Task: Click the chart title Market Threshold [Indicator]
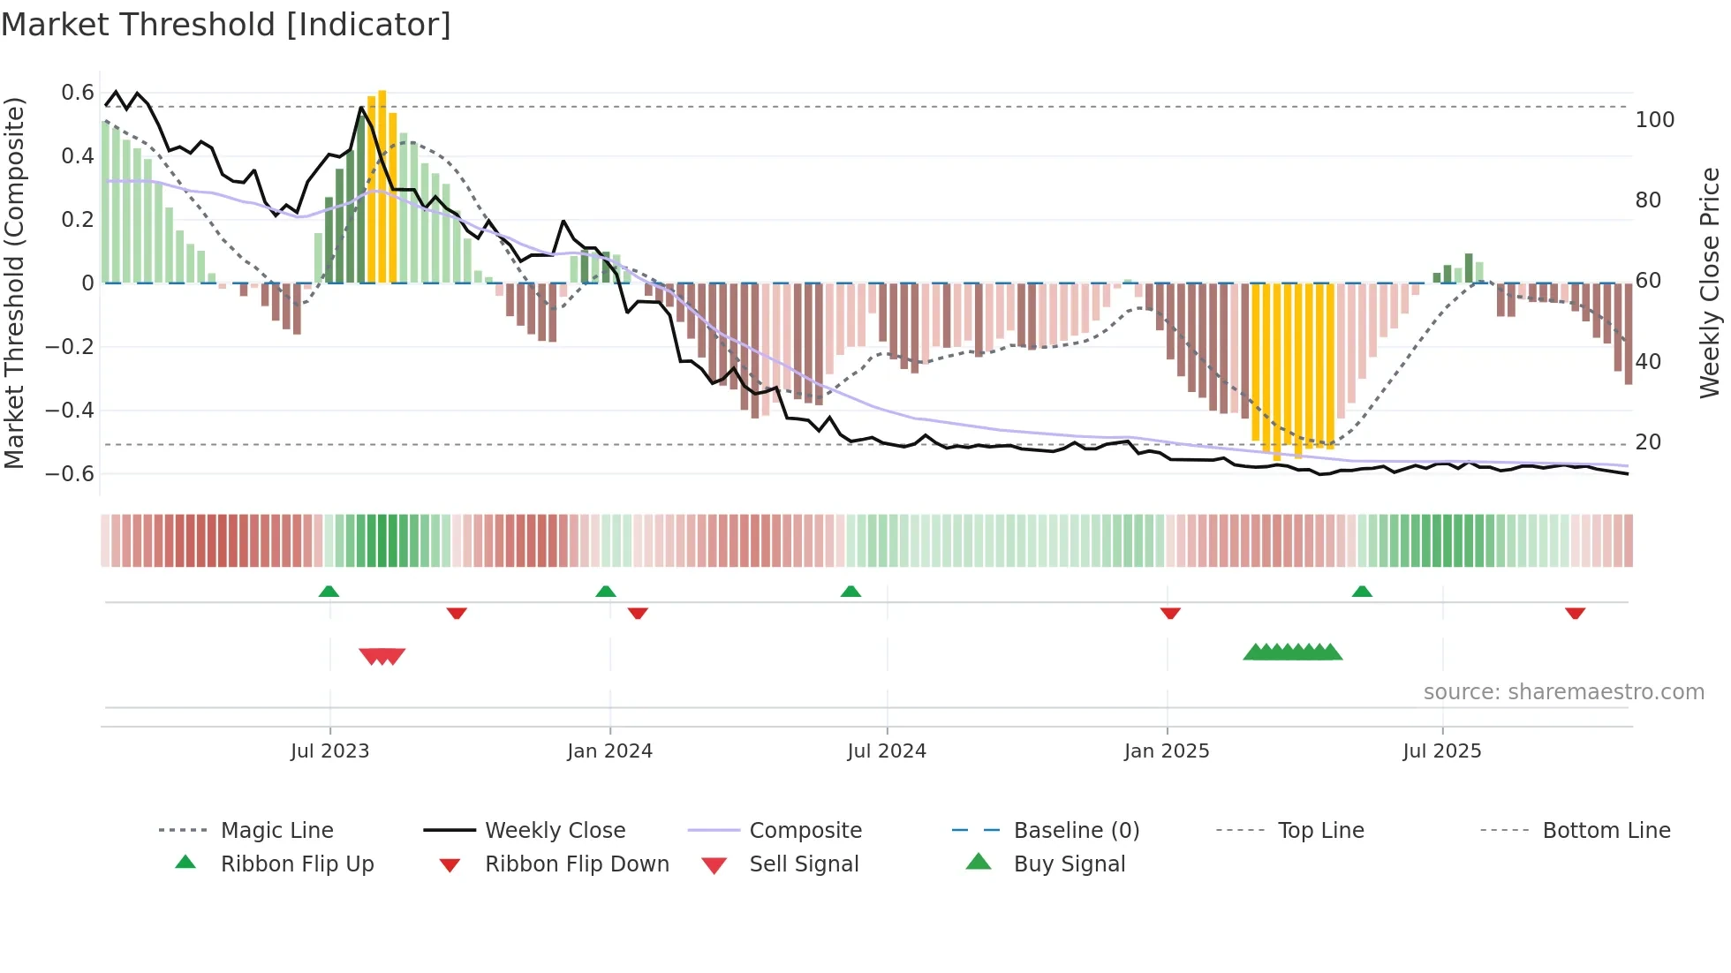click(x=226, y=25)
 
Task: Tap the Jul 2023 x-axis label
click(x=329, y=751)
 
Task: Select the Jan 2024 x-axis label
click(x=609, y=751)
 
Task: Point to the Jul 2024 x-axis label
click(x=887, y=751)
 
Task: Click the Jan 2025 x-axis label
click(x=1167, y=751)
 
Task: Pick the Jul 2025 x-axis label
click(x=1442, y=751)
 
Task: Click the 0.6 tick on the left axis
click(x=78, y=93)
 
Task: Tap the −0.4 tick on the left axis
click(x=70, y=411)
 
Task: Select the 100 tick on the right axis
click(x=1655, y=120)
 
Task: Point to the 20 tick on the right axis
click(x=1648, y=442)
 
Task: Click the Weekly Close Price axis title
click(x=1710, y=283)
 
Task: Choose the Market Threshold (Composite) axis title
click(x=14, y=283)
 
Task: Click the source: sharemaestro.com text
click(x=1563, y=692)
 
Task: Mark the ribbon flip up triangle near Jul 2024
click(x=850, y=592)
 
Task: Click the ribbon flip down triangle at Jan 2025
click(x=1170, y=613)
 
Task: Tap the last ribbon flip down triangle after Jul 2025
click(x=1575, y=613)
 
